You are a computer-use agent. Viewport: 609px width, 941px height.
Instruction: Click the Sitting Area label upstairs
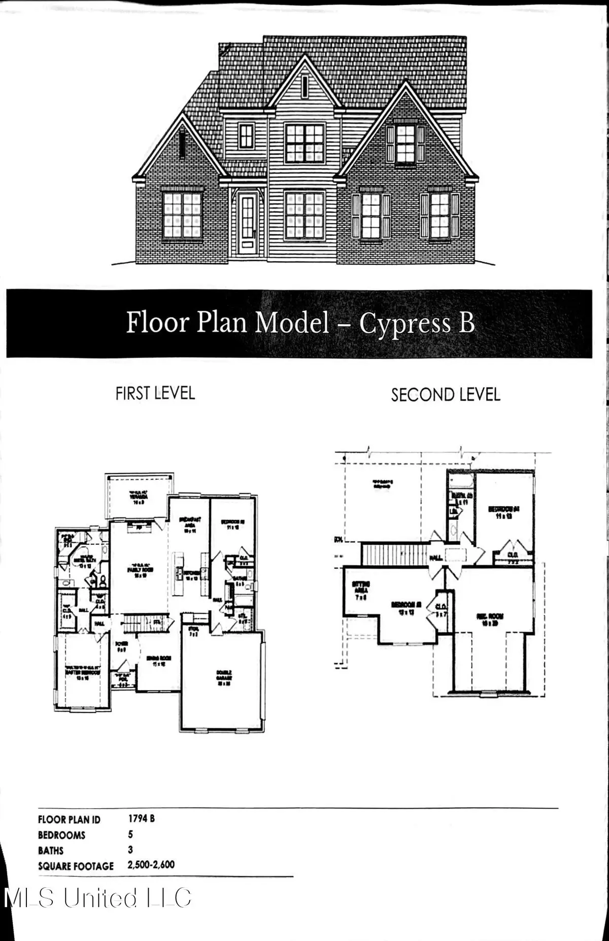[x=361, y=590]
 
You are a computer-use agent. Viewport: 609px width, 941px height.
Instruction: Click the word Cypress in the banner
[x=404, y=323]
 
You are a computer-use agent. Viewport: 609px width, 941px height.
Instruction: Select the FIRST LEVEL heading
[x=155, y=393]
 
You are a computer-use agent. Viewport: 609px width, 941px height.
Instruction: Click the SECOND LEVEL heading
[x=445, y=395]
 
